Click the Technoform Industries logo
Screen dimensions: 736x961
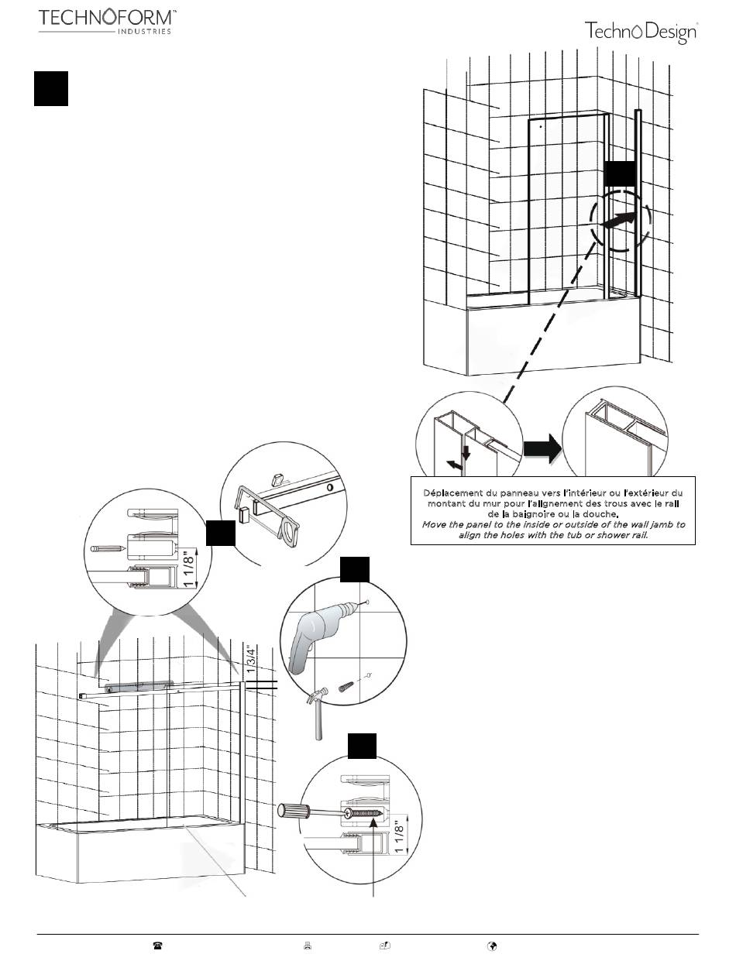click(x=107, y=21)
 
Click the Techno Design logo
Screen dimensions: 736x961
click(x=641, y=32)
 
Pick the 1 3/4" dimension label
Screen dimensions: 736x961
click(x=248, y=661)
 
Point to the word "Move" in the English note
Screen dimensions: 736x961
click(x=435, y=524)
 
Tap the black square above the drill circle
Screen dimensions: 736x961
click(x=356, y=569)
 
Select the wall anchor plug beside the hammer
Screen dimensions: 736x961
click(x=346, y=685)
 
